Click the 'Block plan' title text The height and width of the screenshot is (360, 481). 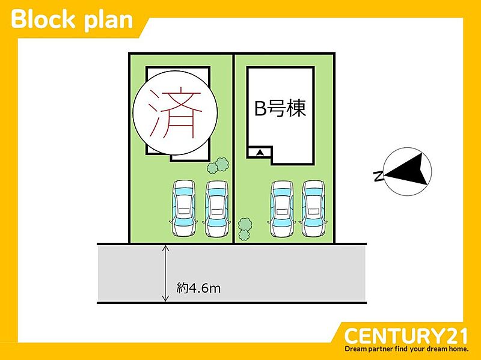coord(72,19)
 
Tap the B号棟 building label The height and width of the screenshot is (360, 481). coord(281,109)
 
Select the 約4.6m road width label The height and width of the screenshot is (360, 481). coord(199,288)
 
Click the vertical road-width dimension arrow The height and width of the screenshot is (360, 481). coord(166,273)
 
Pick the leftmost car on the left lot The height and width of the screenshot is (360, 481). coord(184,208)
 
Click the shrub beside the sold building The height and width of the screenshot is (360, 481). coord(218,165)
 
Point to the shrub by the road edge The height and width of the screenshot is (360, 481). coord(245,228)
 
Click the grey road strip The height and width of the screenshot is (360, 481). coord(271,273)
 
